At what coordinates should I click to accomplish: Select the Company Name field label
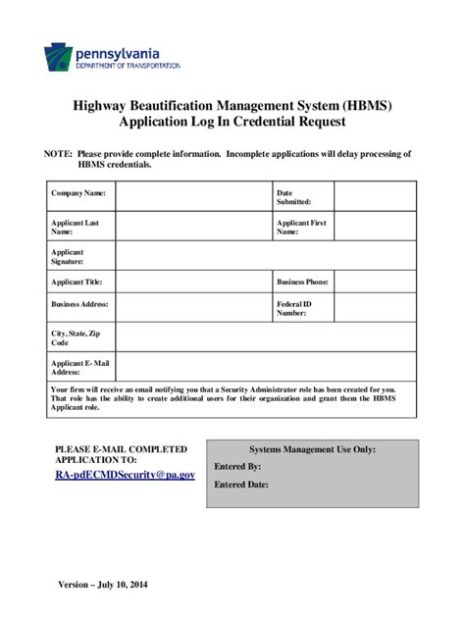[77, 193]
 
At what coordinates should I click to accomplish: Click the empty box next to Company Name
[193, 198]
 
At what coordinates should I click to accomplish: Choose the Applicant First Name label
[300, 228]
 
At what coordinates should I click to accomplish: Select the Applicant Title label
[77, 282]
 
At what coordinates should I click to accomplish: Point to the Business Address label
[80, 304]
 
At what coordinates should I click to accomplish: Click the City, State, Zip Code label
[77, 338]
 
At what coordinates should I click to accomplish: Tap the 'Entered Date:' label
[241, 485]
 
